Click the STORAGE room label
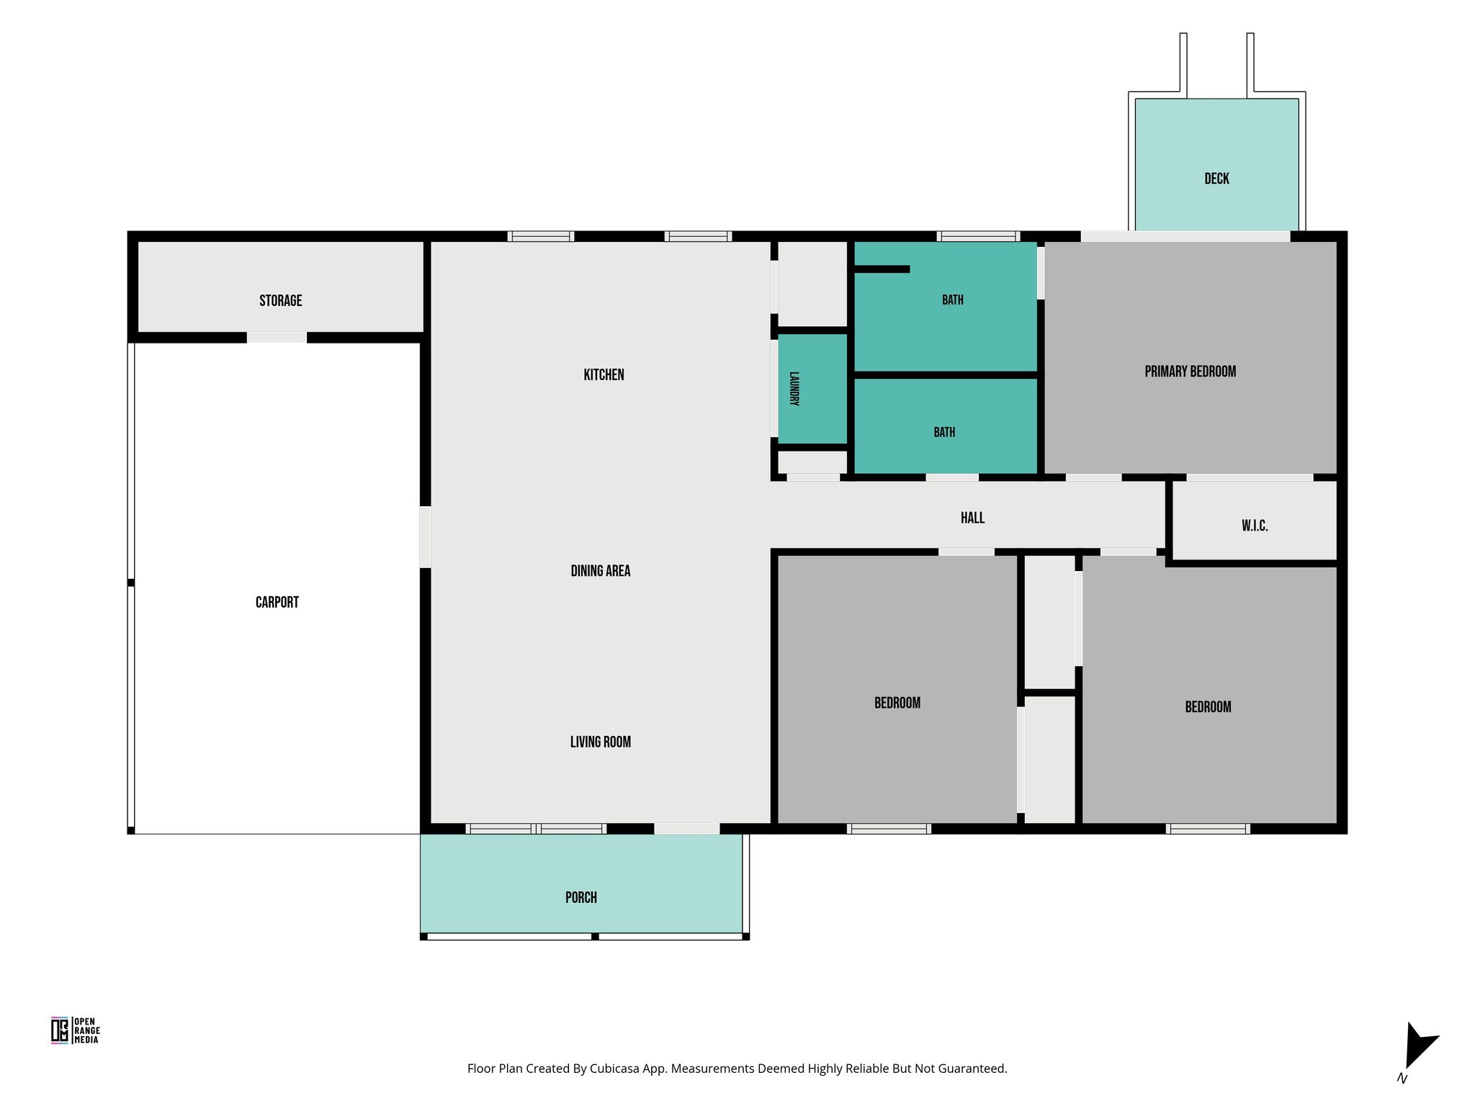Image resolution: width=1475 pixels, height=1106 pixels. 280,301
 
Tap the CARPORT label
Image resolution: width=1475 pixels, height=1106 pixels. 277,603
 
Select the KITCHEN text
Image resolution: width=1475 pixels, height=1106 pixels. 604,375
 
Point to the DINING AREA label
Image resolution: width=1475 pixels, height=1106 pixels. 600,571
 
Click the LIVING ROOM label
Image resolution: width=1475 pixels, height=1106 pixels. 600,742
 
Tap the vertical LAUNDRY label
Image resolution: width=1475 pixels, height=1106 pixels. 794,389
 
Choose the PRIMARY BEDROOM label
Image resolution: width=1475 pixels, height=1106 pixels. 1190,372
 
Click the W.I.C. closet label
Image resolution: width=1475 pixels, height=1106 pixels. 1254,526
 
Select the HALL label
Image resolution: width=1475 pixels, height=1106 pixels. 972,518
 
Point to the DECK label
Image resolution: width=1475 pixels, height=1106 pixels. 1216,179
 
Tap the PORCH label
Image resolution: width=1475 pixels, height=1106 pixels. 580,898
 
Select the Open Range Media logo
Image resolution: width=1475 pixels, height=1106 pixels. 75,1030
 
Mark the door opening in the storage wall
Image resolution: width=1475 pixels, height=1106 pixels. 277,338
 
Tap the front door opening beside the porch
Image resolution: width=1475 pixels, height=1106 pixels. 686,829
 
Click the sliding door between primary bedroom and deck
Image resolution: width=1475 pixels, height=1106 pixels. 1185,236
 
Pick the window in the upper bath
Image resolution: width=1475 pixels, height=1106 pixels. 978,236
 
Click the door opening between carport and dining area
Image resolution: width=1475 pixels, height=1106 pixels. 425,537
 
